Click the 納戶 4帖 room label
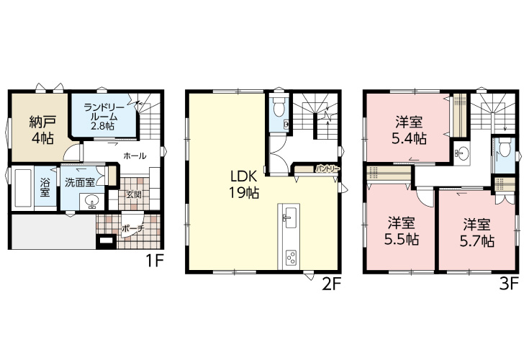point(42,130)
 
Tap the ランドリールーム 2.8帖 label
point(101,117)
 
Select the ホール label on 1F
point(135,156)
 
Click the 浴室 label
point(45,188)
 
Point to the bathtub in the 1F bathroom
point(22,189)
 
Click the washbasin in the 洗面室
point(91,202)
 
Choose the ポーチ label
point(133,228)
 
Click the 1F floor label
point(155,261)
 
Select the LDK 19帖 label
point(244,184)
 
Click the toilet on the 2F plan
point(279,107)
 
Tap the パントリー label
point(327,168)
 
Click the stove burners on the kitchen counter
point(291,258)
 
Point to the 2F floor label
point(332,284)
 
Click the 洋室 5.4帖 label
point(409,130)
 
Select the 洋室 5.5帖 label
point(402,231)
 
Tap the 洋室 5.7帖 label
point(477,233)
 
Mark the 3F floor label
point(508,284)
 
